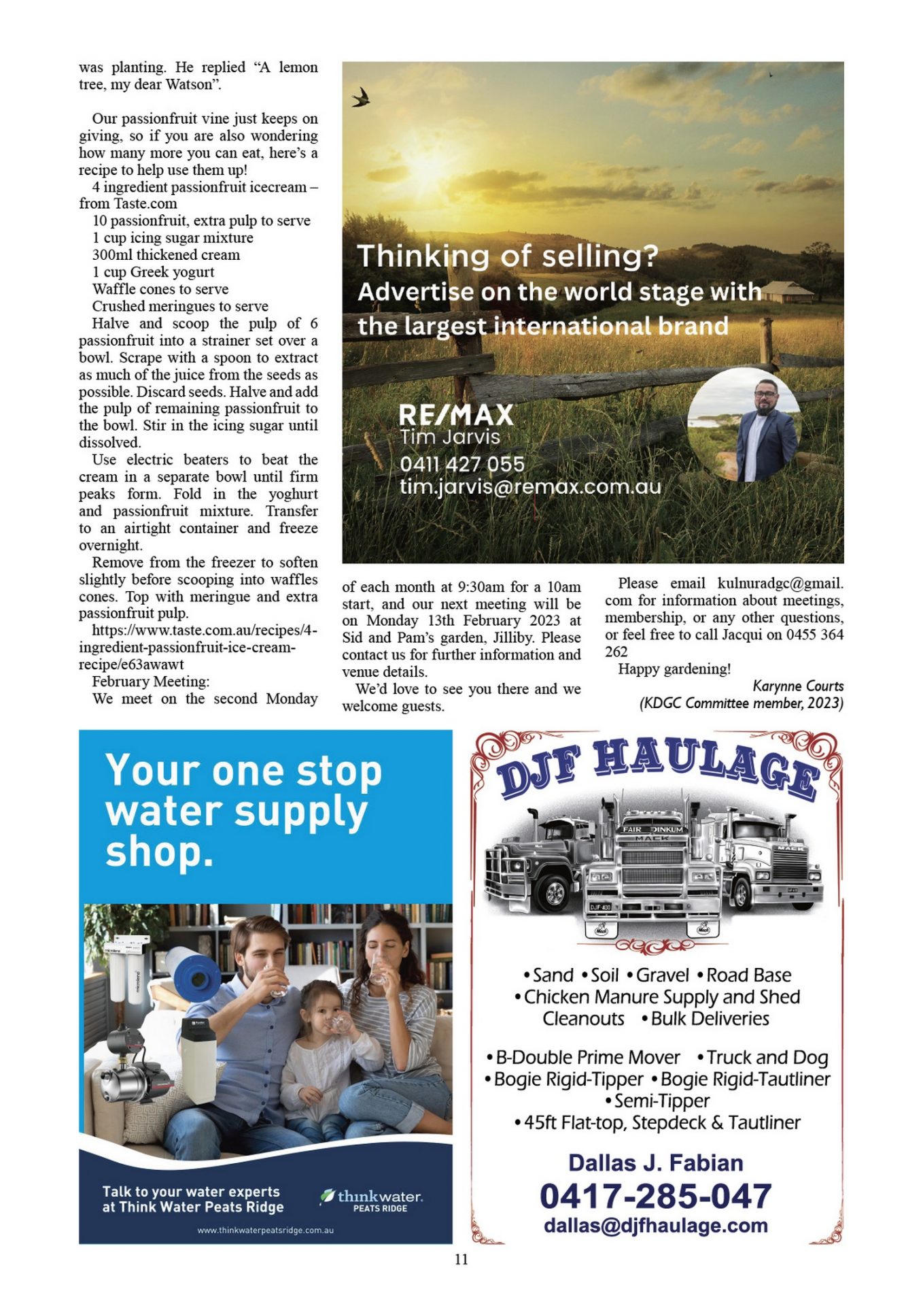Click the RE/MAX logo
(455, 414)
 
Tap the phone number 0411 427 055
(462, 464)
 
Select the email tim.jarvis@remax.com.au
(530, 486)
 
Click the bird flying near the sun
(361, 98)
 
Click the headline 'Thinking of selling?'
(508, 256)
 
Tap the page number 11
(461, 1259)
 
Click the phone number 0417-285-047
(655, 1196)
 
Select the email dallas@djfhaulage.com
(655, 1226)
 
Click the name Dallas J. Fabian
(655, 1163)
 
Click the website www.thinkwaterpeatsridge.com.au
(265, 1230)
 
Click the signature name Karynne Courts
(798, 686)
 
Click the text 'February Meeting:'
(151, 682)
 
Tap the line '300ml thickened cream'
(166, 255)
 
